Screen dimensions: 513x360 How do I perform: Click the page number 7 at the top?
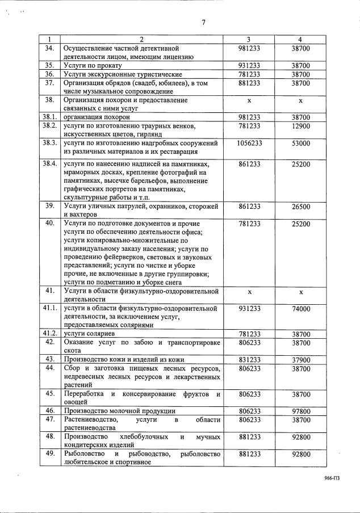click(203, 23)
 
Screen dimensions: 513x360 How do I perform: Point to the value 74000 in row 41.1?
click(301, 309)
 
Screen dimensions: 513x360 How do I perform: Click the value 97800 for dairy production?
click(301, 411)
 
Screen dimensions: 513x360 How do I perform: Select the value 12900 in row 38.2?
click(301, 125)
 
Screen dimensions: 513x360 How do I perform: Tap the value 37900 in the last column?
click(301, 360)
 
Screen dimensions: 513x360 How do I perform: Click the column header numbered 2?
click(142, 39)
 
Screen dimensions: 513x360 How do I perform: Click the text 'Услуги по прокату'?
click(94, 66)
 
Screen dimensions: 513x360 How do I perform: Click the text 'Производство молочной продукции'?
click(119, 411)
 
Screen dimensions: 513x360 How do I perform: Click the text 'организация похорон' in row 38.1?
click(97, 116)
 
